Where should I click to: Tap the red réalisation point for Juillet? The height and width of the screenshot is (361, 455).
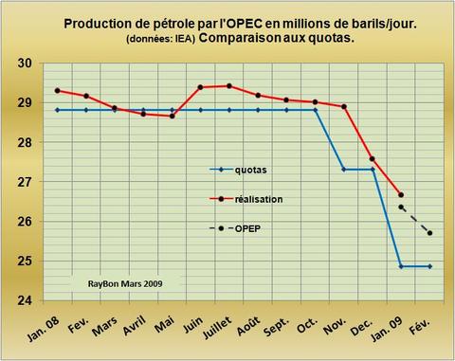(228, 86)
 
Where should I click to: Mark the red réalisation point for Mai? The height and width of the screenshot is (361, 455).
(172, 116)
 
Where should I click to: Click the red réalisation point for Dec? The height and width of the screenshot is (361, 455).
(372, 159)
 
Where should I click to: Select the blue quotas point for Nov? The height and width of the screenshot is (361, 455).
(343, 170)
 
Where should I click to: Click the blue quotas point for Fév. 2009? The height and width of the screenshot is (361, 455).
(429, 266)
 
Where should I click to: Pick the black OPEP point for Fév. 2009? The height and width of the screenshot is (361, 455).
(429, 233)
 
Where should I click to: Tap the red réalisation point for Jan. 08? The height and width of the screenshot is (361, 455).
(57, 90)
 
